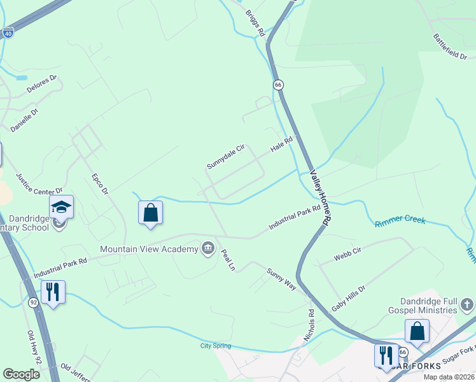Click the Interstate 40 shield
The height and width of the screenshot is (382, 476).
point(8,32)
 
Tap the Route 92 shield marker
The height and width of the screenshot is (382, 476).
point(34,302)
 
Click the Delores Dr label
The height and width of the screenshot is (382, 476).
point(43,85)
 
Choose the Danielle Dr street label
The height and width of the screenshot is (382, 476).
point(24,120)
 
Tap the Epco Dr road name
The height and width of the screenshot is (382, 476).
point(100,184)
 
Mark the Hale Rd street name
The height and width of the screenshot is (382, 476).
point(281,144)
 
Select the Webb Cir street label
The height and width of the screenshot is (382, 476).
point(347,255)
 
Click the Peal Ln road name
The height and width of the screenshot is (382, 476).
point(228,260)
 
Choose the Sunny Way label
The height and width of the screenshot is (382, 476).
point(281,279)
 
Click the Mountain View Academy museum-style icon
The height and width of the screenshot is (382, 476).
point(208,248)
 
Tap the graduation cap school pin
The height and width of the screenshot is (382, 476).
point(62,206)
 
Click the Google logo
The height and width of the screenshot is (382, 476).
point(21,374)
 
